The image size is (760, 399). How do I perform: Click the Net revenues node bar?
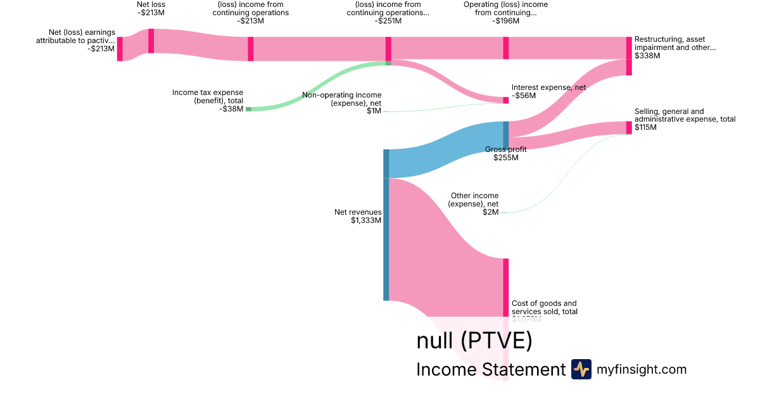pos(386,225)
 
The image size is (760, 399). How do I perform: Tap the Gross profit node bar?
pos(506,135)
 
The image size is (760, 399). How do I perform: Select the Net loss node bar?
pos(151,41)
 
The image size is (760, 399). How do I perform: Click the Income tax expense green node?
pos(248,109)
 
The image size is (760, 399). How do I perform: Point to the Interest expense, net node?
pos(506,100)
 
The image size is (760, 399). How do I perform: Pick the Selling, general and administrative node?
pos(629,127)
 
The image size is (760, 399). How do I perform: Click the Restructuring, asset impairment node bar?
pos(629,56)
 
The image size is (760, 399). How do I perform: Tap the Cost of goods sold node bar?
pos(506,288)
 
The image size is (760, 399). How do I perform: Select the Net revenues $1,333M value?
pos(366,220)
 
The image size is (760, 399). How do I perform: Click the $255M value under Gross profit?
pos(506,158)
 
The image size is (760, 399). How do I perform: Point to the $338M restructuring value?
pos(647,56)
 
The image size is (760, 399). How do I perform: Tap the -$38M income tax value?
pos(231,109)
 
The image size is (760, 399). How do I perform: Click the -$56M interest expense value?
pos(524,96)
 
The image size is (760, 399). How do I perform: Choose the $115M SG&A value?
pos(646,127)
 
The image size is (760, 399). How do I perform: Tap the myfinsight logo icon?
pos(581,369)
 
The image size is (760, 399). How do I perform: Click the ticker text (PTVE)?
pos(496,341)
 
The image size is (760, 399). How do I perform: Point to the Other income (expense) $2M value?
pos(491,212)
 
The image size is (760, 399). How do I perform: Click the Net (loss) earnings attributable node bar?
pos(120,49)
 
